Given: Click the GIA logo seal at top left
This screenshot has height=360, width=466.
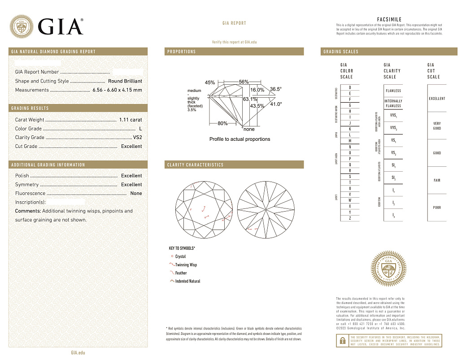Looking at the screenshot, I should coord(21,26).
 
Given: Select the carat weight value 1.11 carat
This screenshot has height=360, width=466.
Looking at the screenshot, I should coord(131,120).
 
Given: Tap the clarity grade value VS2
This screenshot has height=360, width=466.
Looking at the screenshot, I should coord(137,138).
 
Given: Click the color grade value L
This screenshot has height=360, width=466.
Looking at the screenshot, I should coord(140,129).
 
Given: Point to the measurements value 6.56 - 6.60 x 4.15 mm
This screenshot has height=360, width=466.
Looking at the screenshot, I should coord(117,90).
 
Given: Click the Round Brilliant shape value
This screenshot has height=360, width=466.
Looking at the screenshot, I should coord(125,81).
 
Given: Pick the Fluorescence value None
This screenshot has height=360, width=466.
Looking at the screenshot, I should coord(136,193).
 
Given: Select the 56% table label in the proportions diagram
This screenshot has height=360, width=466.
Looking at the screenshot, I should coord(244,82).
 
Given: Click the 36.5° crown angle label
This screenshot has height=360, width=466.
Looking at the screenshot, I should coord(276,89).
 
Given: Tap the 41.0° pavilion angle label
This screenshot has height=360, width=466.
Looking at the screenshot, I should coord(276,104).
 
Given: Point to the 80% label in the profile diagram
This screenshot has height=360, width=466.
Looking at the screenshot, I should coord(222,123).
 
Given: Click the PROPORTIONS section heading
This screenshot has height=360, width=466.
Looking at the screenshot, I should coord(182,52).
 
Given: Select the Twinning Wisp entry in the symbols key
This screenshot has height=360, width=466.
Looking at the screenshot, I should coord(186,265).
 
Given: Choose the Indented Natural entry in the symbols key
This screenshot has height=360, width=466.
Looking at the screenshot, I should coord(187,281).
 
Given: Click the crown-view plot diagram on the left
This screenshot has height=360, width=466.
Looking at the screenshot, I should coord(204,208).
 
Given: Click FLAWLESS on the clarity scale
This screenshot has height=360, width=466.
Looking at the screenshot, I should coord(393,91).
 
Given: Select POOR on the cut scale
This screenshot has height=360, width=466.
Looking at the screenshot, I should coord(437,208).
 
